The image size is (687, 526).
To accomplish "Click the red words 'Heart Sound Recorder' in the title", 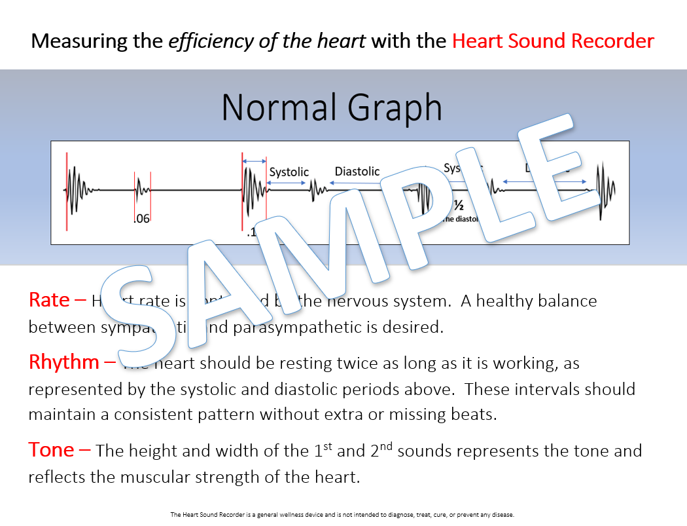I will [x=553, y=41].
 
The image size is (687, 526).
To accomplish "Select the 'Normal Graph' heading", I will [x=332, y=107].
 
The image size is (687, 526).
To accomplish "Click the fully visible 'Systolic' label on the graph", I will [x=289, y=172].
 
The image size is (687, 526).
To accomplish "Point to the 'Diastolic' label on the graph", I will [x=357, y=171].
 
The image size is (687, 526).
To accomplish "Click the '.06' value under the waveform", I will [x=141, y=219].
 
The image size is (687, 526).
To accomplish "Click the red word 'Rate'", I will [x=49, y=300].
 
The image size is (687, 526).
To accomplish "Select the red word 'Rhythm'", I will [x=64, y=362].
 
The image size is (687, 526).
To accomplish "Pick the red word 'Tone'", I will [x=51, y=450].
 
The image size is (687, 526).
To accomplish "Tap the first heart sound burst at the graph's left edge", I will [x=77, y=189].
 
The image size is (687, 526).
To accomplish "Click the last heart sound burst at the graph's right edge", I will [x=605, y=188].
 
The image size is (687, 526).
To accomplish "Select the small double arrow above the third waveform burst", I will [x=255, y=160].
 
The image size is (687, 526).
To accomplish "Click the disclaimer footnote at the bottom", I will [x=343, y=515].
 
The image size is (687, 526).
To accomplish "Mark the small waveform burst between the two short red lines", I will [x=143, y=191].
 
